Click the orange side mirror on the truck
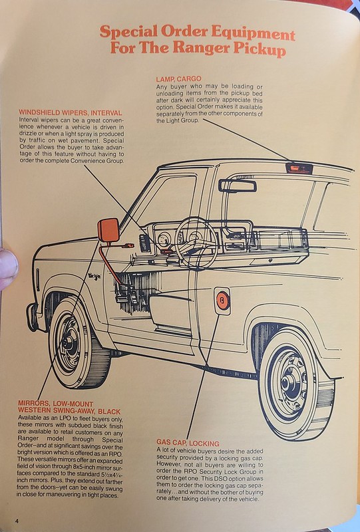108,230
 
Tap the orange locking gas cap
222,301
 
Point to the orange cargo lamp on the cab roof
298,168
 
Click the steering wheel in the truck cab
196,242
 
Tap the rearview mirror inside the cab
238,186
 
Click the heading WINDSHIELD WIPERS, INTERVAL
71,112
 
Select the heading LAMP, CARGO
178,79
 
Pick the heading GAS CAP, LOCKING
188,443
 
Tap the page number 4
16,521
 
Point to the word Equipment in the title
253,34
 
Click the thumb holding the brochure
8,268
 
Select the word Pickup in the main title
260,51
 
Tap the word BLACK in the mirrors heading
109,412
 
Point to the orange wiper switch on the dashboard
166,251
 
